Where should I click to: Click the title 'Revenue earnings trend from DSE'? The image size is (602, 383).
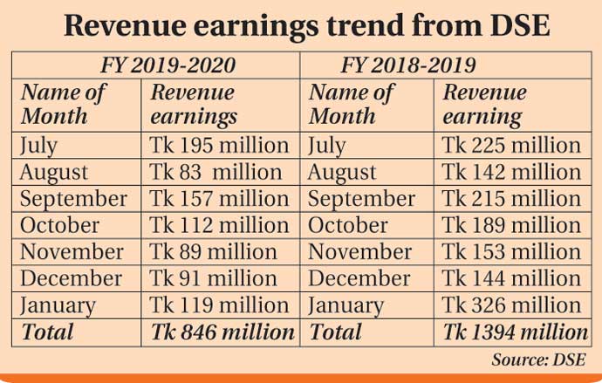coord(301,24)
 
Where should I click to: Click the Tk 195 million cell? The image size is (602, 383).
coord(220,145)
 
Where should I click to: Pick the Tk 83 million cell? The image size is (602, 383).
coord(216,172)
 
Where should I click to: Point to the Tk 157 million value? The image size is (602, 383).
coord(220,199)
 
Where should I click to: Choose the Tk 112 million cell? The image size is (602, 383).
coord(220,225)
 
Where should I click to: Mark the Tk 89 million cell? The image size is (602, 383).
coord(214,252)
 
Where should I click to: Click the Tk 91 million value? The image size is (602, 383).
coord(214,279)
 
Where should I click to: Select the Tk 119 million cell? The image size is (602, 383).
coord(220,305)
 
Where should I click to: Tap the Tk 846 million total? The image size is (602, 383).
coord(223,332)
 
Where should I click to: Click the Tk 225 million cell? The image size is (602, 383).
coord(511,145)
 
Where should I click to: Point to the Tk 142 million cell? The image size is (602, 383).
coord(511,172)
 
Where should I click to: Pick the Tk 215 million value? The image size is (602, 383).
coord(511,199)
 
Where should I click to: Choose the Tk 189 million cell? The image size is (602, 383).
coord(511,225)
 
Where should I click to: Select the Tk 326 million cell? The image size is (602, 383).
coord(511,305)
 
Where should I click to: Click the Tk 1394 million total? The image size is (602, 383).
coord(516,332)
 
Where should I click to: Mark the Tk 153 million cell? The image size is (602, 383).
coord(511,252)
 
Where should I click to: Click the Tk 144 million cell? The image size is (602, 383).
coord(511,279)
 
